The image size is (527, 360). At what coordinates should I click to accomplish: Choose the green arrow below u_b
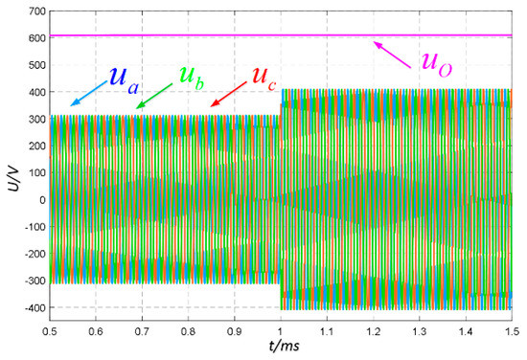152,93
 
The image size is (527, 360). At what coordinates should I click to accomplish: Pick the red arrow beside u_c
225,93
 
